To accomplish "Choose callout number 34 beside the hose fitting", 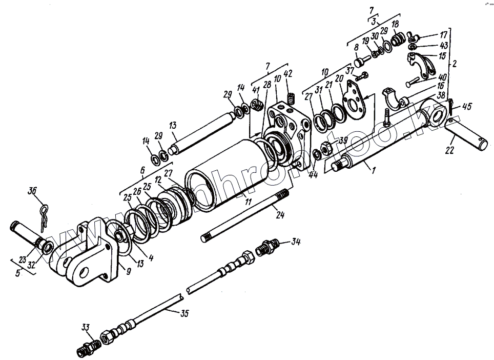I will click(x=296, y=241).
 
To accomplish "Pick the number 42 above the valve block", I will click(x=288, y=73).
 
